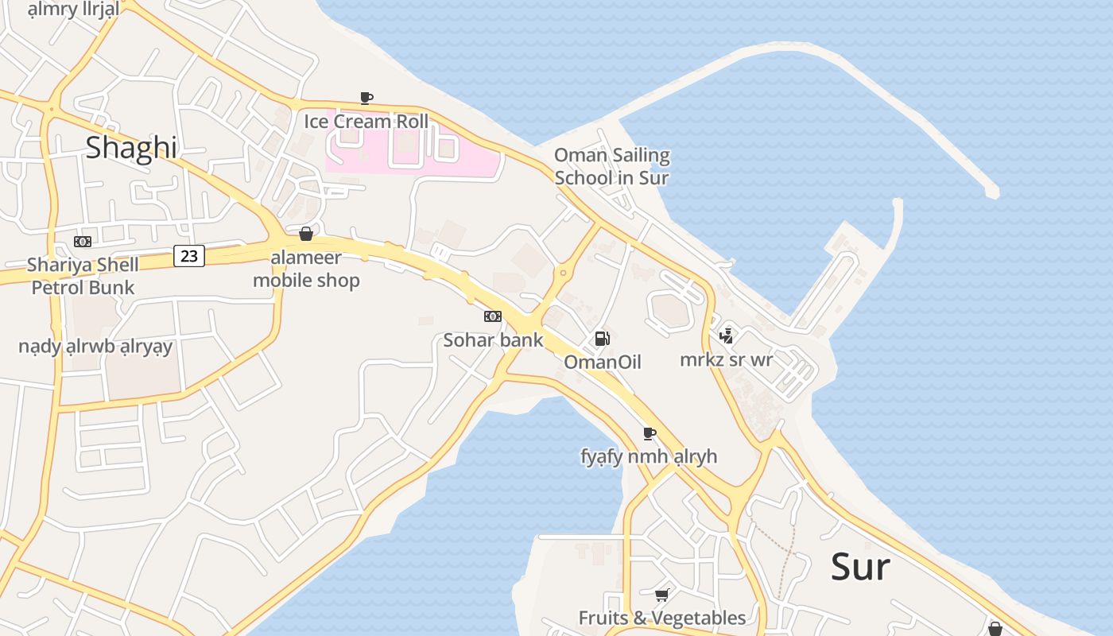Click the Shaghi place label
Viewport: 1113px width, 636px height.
(131, 148)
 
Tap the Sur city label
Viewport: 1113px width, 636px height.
(860, 567)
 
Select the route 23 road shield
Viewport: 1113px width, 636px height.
(189, 256)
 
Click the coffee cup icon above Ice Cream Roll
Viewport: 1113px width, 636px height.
(366, 98)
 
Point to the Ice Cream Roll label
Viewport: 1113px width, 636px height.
(366, 122)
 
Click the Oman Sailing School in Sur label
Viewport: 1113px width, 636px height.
(611, 166)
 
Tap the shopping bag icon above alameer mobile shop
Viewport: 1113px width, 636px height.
(305, 234)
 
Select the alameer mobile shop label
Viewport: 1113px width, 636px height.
(306, 269)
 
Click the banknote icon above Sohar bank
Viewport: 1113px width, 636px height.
(493, 316)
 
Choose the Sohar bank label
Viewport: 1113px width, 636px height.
(493, 340)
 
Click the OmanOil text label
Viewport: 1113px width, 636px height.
(602, 363)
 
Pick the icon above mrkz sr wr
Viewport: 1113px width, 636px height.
(726, 335)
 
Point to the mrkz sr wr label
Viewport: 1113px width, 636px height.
(726, 359)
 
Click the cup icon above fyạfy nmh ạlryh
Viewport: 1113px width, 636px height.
(650, 433)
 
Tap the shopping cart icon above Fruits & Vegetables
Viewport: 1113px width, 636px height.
(661, 595)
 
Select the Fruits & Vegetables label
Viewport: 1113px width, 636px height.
(661, 618)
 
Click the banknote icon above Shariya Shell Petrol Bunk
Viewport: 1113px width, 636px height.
(83, 242)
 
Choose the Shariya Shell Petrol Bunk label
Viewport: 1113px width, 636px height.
(83, 276)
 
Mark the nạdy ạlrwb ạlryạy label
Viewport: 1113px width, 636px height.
(95, 347)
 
